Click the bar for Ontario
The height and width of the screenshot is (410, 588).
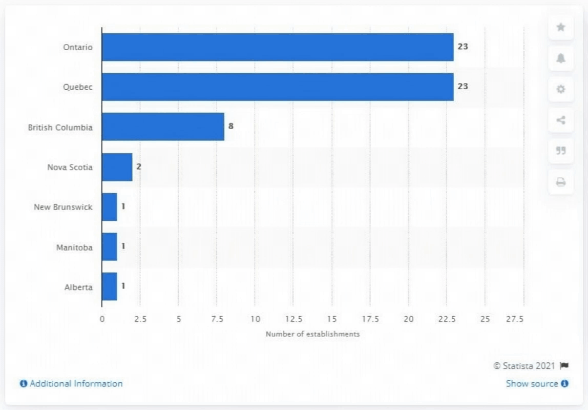277,47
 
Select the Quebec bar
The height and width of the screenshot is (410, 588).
277,87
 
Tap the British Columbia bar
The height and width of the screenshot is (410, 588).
163,127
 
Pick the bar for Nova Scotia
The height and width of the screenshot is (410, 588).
117,167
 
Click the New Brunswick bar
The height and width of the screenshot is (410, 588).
109,207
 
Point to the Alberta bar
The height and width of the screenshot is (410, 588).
109,286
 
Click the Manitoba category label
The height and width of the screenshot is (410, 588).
74,248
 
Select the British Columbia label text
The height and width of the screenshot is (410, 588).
60,127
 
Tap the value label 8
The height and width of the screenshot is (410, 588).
231,126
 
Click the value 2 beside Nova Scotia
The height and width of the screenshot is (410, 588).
139,166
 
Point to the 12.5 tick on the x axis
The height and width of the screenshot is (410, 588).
293,319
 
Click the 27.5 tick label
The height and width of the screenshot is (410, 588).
515,319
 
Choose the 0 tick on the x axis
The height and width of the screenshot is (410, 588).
102,319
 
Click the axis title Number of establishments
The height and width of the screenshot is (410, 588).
312,334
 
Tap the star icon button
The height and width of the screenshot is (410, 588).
561,27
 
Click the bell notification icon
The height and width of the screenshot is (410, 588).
561,58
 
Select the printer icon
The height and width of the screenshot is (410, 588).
561,182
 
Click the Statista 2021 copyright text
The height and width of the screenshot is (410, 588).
524,366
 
